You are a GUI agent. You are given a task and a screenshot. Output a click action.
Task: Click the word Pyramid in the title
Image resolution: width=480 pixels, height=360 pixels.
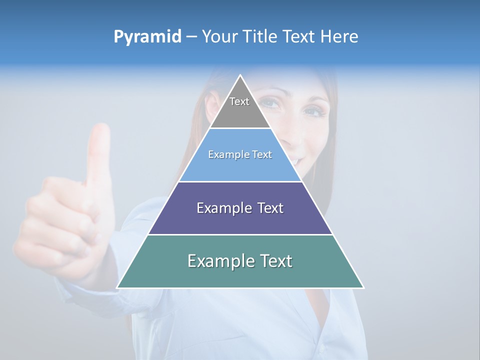(x=147, y=37)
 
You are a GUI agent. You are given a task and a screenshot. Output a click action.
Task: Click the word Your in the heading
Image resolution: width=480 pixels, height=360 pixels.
(x=221, y=36)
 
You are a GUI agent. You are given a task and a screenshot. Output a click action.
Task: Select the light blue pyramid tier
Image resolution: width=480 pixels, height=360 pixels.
(x=240, y=167)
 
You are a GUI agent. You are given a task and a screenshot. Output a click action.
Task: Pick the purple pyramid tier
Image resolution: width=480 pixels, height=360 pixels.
(x=240, y=220)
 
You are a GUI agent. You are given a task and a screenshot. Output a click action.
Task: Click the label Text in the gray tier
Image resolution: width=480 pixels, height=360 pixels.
(x=239, y=101)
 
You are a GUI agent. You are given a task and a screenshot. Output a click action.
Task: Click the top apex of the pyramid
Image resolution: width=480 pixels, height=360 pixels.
(x=240, y=75)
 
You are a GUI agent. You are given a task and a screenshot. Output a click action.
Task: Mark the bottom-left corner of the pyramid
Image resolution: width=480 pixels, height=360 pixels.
(x=117, y=287)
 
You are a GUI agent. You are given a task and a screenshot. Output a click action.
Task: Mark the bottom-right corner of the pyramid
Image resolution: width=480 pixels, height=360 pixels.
(x=363, y=287)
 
